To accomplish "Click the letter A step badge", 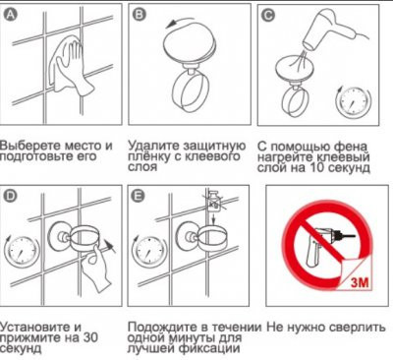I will click(9, 13).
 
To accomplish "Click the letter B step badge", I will click(139, 13).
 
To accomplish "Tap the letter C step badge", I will click(267, 13).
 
